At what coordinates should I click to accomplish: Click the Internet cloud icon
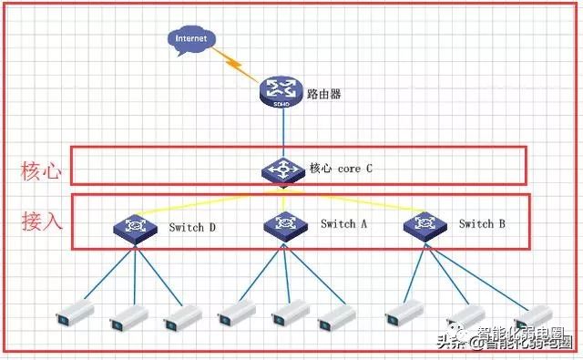[191, 40]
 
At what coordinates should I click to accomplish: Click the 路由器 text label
[324, 94]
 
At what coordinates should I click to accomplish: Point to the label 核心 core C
[341, 169]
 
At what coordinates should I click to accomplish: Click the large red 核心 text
[41, 171]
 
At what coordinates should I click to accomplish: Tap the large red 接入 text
[42, 221]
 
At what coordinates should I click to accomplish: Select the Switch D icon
[136, 229]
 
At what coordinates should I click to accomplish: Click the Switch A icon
[285, 227]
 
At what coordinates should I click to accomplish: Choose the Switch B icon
[425, 227]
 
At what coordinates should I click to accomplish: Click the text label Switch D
[192, 227]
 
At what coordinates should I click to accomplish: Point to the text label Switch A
[344, 224]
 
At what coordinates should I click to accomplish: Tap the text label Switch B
[482, 224]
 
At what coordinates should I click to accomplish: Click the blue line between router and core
[283, 133]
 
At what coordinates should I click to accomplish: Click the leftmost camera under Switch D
[75, 313]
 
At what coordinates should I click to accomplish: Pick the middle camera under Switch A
[291, 313]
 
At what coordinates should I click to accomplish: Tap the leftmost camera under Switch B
[404, 313]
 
